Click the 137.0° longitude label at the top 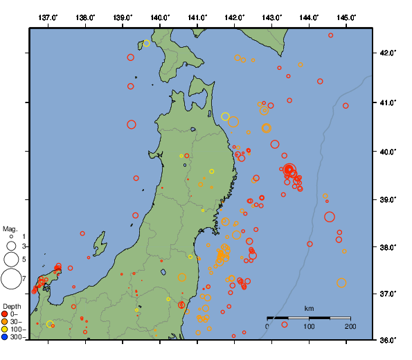tap(48, 17)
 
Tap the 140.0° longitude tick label tap(160, 17)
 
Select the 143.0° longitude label tap(272, 17)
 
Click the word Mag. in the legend tap(10, 228)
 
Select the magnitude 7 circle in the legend tap(11, 279)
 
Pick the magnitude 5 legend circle tap(11, 260)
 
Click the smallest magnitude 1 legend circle tap(11, 237)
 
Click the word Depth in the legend tap(12, 306)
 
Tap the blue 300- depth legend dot tap(5, 337)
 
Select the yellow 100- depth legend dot tap(5, 330)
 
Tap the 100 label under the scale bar tap(309, 326)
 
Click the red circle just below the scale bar tap(285, 325)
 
